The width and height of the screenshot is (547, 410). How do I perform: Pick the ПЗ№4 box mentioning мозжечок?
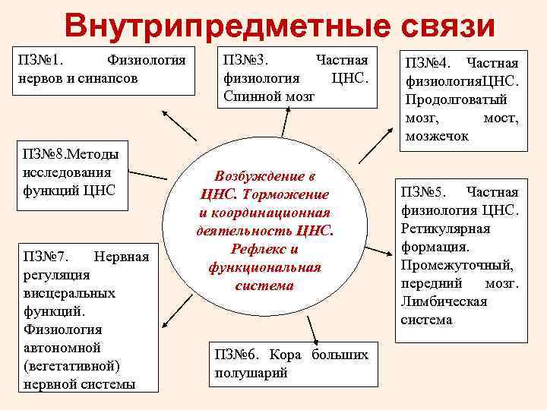463,99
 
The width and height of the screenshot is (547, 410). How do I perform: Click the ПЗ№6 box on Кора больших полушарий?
291,364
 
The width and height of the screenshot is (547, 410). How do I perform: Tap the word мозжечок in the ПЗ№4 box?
438,137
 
